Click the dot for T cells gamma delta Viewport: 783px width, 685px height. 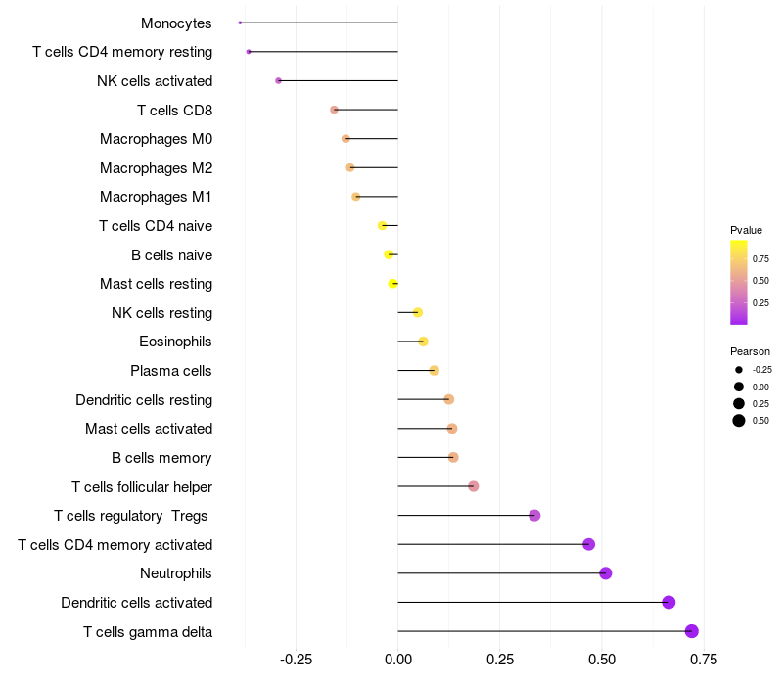692,631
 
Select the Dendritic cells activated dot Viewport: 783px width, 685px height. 668,602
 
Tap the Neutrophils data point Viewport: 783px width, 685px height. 606,573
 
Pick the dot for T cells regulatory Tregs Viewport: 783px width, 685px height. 534,516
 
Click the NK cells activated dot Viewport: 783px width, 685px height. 279,80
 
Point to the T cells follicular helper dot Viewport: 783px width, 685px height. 474,486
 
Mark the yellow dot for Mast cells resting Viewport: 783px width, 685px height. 393,284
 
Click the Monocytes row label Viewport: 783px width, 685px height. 176,23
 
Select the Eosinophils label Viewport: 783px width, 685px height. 175,342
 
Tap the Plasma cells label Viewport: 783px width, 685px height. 171,371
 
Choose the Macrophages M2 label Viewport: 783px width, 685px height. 156,168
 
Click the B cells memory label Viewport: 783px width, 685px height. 161,458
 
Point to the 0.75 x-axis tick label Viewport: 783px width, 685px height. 702,660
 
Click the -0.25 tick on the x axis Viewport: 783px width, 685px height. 297,660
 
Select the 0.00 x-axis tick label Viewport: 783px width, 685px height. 398,660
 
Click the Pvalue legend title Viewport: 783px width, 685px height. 746,230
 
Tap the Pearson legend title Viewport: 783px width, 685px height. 750,351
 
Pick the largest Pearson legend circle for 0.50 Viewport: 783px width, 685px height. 739,421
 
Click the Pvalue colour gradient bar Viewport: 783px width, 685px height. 739,282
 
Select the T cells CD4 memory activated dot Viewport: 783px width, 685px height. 588,544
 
